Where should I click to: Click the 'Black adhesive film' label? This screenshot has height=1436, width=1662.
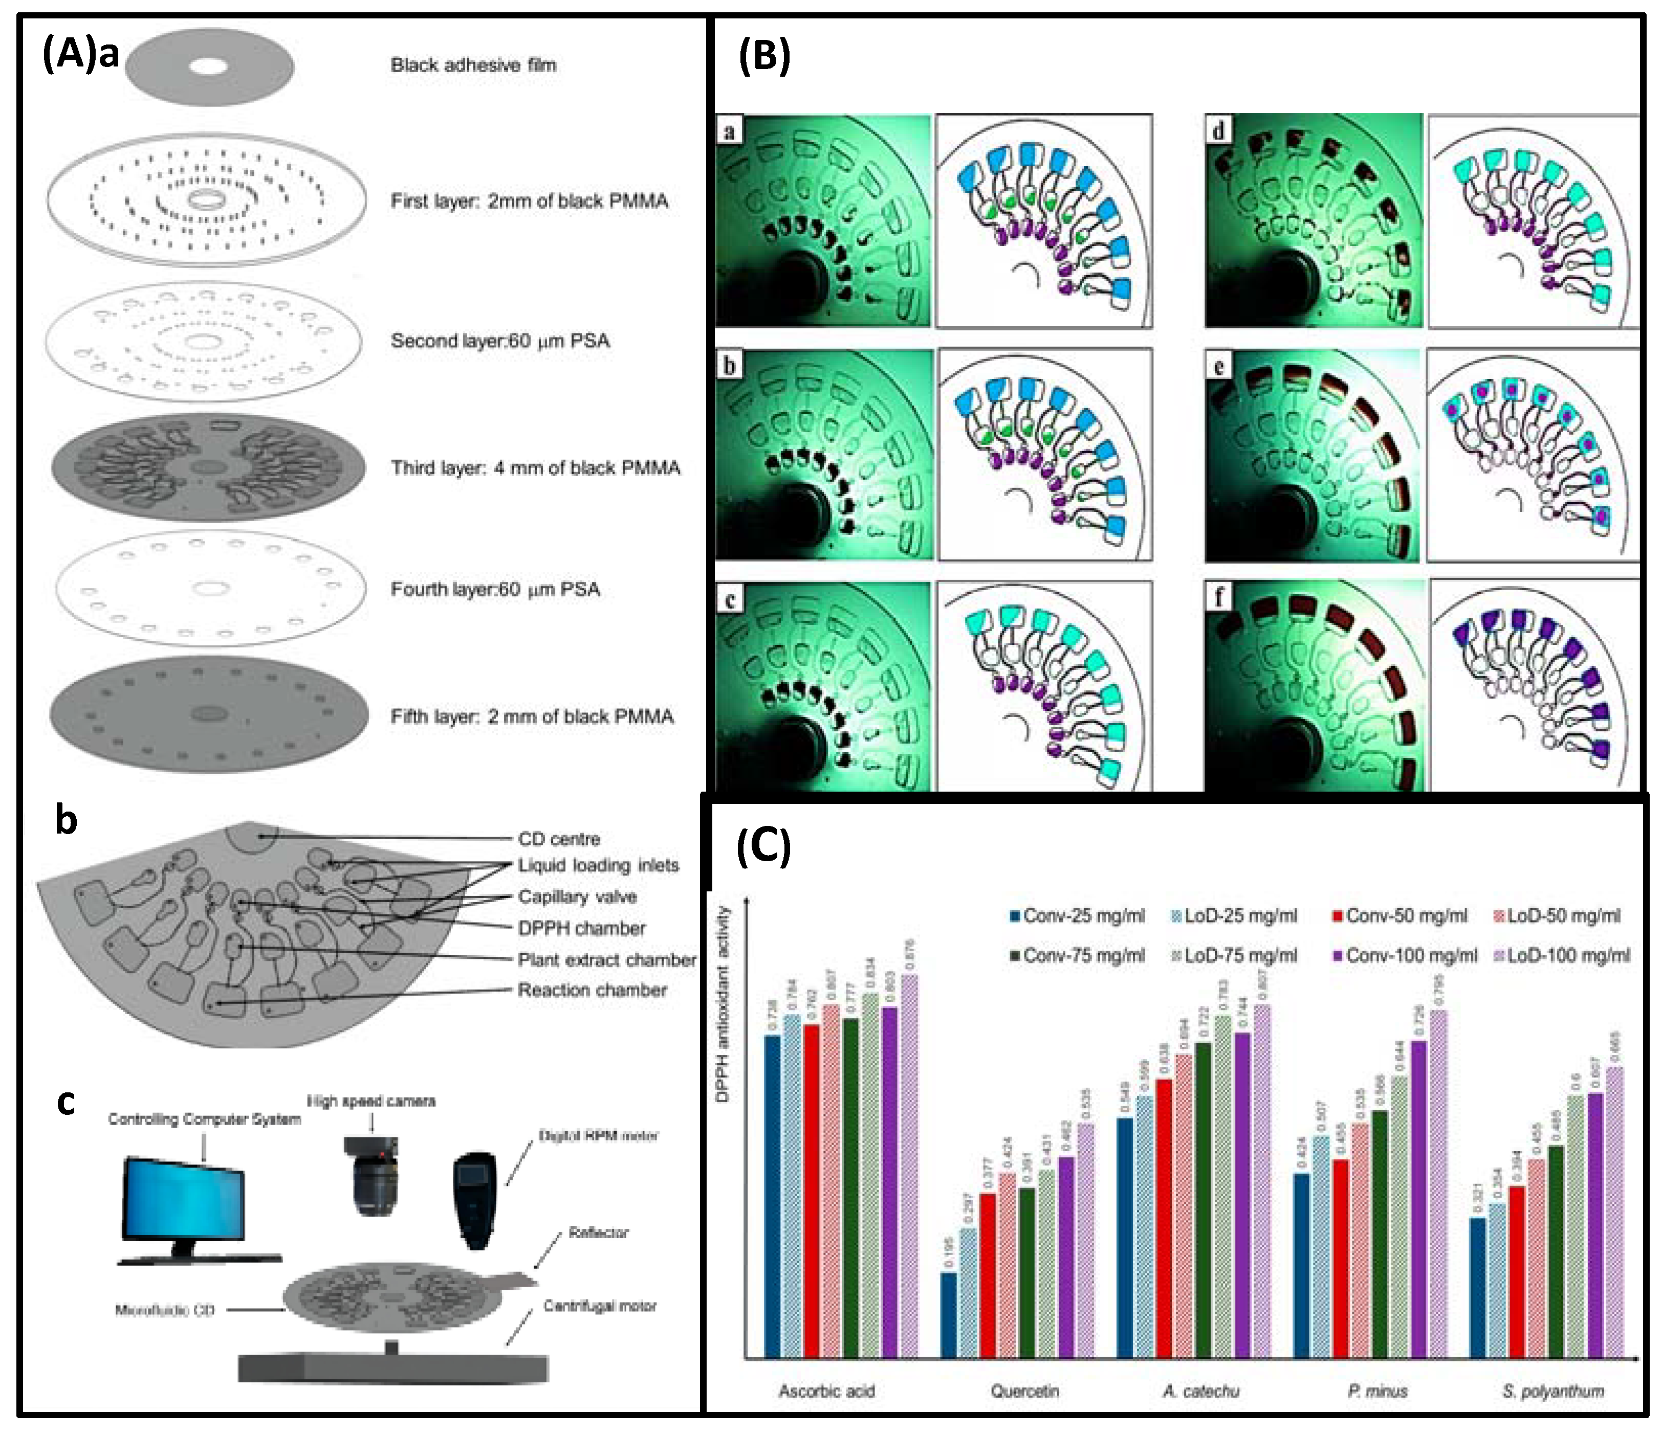pyautogui.click(x=473, y=65)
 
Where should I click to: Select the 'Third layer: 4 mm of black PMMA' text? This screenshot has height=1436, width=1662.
pyautogui.click(x=535, y=467)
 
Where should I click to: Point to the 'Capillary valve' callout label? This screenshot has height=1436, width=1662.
pyautogui.click(x=578, y=896)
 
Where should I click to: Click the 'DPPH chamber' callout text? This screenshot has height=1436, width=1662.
pyautogui.click(x=581, y=928)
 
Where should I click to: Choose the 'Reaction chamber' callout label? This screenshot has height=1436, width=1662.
pyautogui.click(x=592, y=990)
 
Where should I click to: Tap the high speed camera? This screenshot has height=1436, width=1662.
pyautogui.click(x=371, y=1175)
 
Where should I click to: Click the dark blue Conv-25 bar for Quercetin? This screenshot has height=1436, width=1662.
pyautogui.click(x=949, y=1315)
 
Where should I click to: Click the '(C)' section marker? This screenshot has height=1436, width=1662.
pyautogui.click(x=763, y=847)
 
